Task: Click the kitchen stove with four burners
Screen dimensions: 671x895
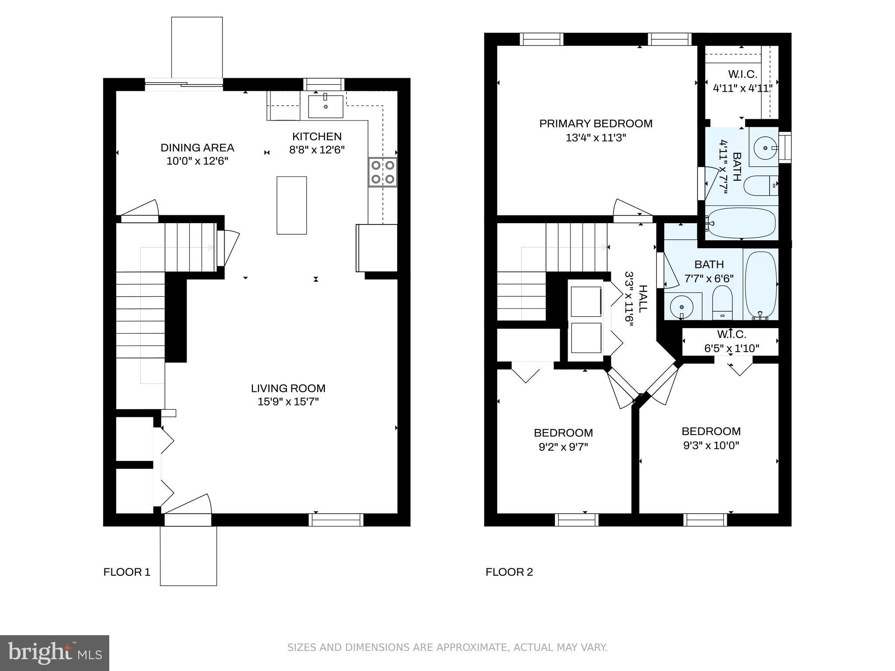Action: click(383, 172)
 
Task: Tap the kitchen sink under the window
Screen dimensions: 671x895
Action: click(326, 107)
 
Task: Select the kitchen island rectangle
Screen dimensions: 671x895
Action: click(291, 205)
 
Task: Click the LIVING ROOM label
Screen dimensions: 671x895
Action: click(288, 388)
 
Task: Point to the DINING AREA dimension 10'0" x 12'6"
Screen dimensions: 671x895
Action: click(198, 161)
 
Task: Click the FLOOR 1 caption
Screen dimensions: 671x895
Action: click(127, 572)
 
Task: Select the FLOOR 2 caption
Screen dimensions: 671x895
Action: click(509, 572)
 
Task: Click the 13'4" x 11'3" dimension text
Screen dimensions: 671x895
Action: click(596, 138)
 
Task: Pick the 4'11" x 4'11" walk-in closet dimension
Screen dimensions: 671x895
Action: click(742, 88)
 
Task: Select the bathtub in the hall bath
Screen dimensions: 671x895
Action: click(760, 284)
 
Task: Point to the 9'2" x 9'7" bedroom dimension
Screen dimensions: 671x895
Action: click(563, 447)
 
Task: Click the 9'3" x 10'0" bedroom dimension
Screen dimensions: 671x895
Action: click(711, 446)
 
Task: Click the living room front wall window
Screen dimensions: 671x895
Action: click(336, 519)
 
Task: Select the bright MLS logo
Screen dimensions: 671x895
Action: click(55, 653)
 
